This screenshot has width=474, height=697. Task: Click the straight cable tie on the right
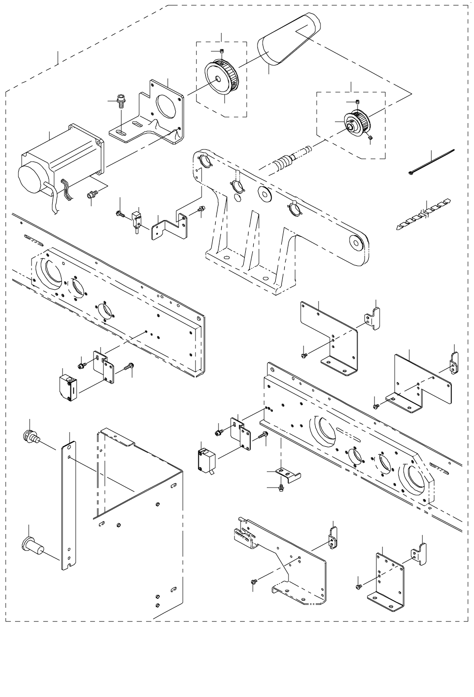431,162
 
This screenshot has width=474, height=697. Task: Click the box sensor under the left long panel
69,387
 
